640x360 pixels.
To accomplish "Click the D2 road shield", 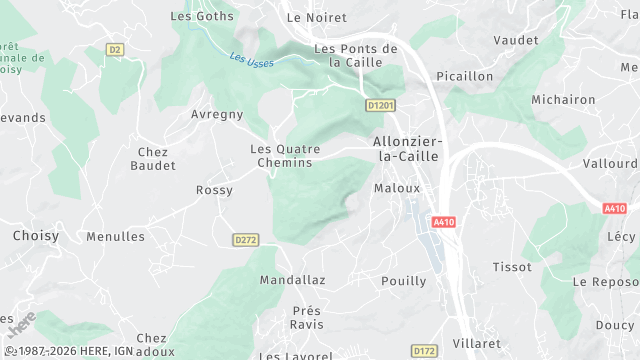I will coord(114,49).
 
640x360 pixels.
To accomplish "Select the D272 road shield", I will coord(245,240).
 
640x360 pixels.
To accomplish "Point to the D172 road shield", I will coord(425,351).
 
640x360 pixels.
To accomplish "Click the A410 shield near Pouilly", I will coord(445,222).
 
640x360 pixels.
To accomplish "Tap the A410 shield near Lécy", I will coord(615,208).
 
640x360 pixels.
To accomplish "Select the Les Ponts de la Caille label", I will coord(356,55).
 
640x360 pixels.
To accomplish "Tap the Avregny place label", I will coord(217,114).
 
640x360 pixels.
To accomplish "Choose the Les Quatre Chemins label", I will coord(285,156).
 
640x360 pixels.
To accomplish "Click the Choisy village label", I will coord(36,237).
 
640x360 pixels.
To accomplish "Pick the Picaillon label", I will coord(465,76).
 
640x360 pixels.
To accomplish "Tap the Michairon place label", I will coord(564,100).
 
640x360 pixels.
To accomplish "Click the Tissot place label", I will coord(512,267).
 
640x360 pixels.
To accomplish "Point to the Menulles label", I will coord(116,237).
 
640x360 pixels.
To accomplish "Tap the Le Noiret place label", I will coord(316,18).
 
